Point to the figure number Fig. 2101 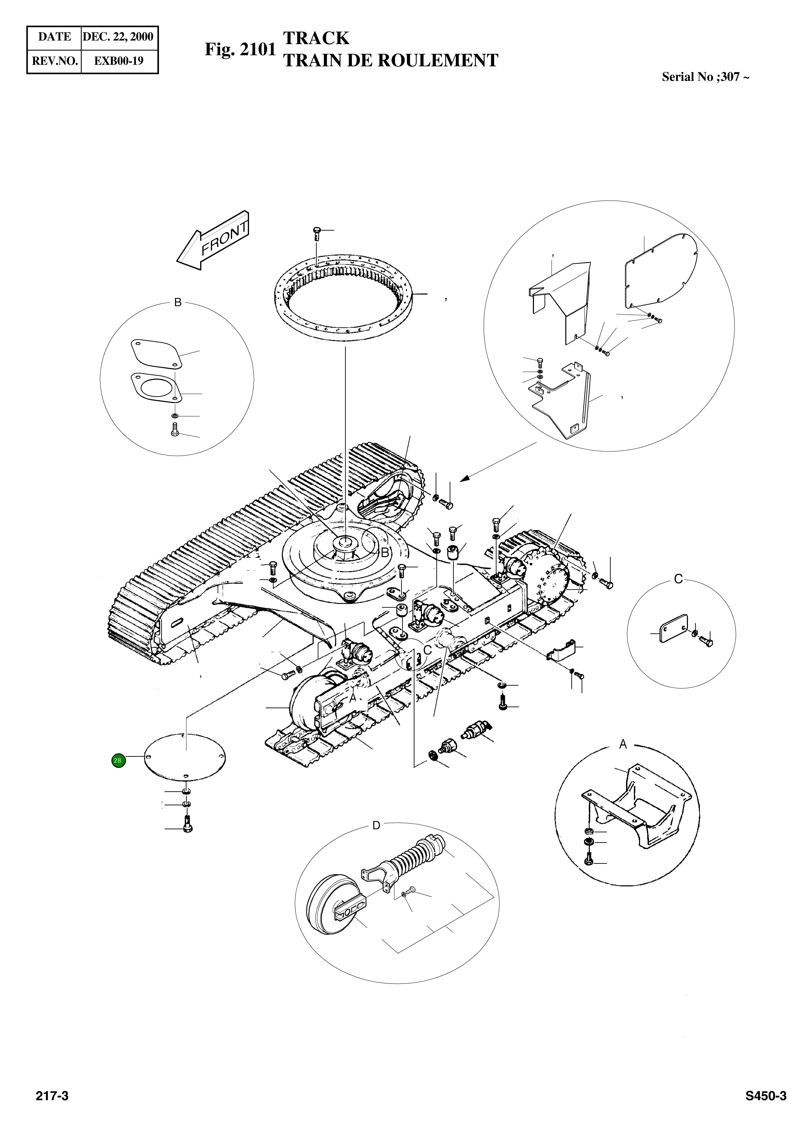240,50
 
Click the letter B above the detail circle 178,302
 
